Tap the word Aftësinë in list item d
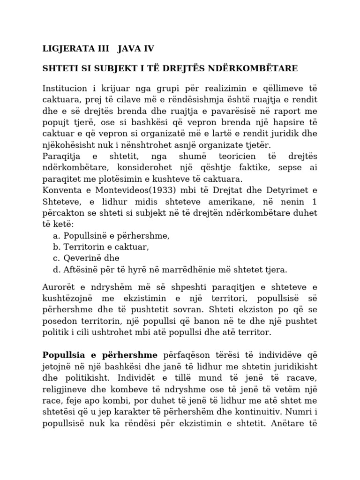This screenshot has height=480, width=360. [80, 270]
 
